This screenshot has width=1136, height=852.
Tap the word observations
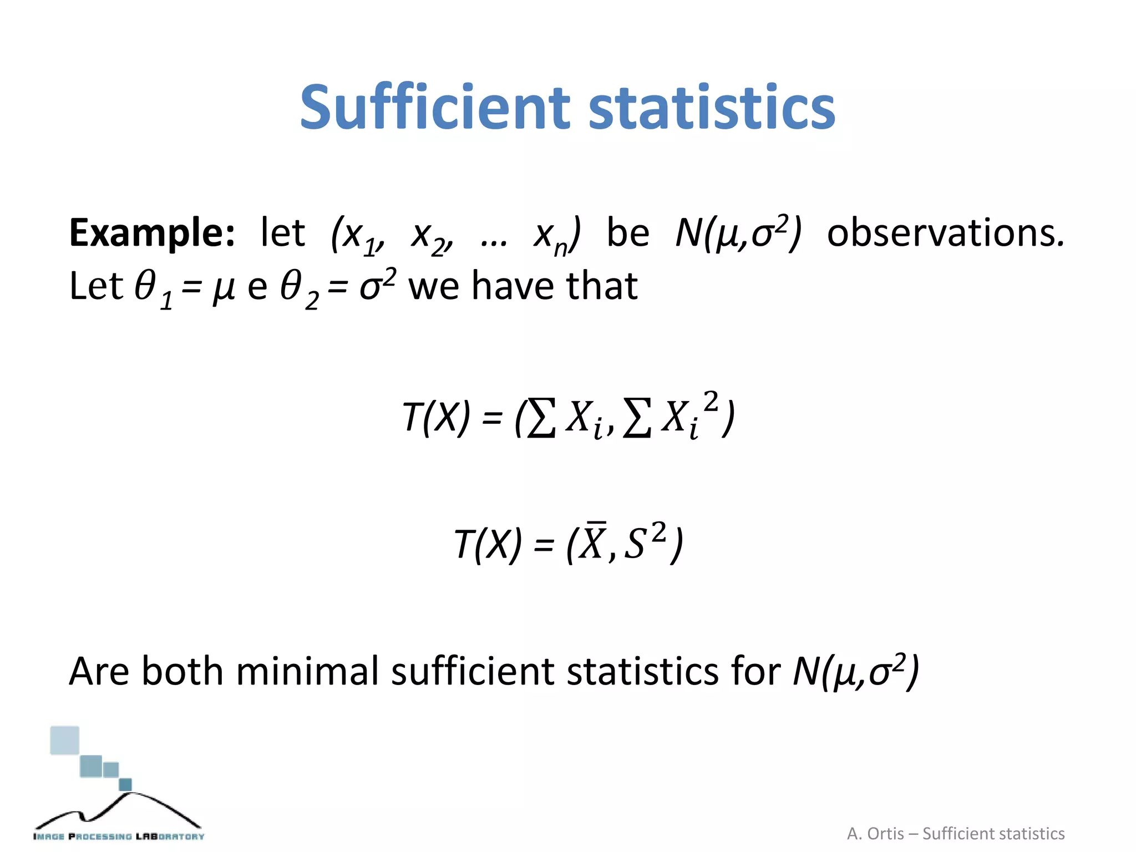click(945, 234)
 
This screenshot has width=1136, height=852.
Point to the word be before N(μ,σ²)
click(627, 234)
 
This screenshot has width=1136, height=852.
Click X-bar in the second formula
click(592, 542)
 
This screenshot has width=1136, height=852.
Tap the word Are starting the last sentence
click(99, 672)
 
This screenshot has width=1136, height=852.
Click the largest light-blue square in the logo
click(64, 741)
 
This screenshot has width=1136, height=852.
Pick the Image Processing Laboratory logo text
click(119, 836)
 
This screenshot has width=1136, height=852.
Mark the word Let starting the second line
click(95, 287)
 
